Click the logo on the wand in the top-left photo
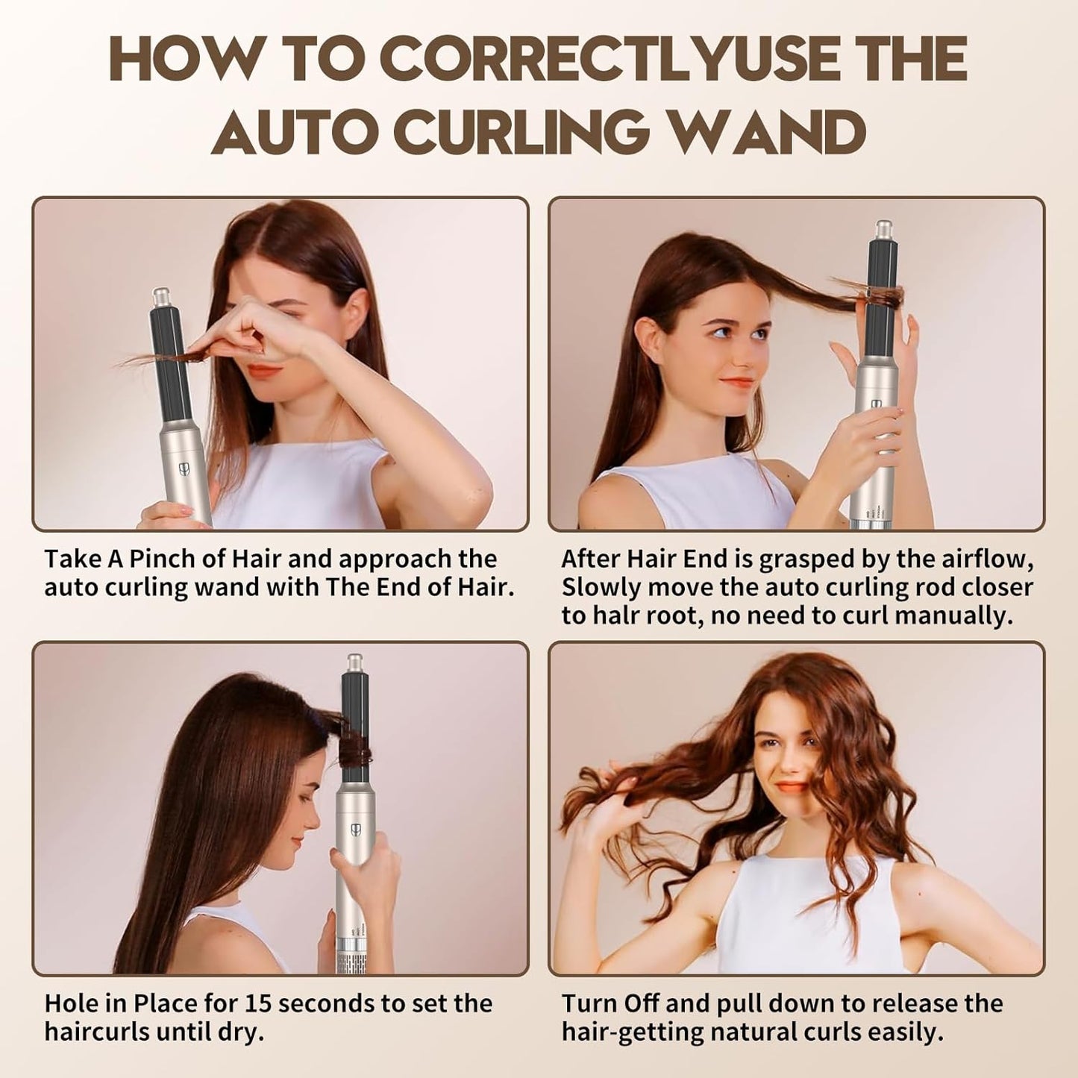tap(182, 469)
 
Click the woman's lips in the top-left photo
tap(262, 371)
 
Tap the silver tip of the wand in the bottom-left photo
tap(354, 663)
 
